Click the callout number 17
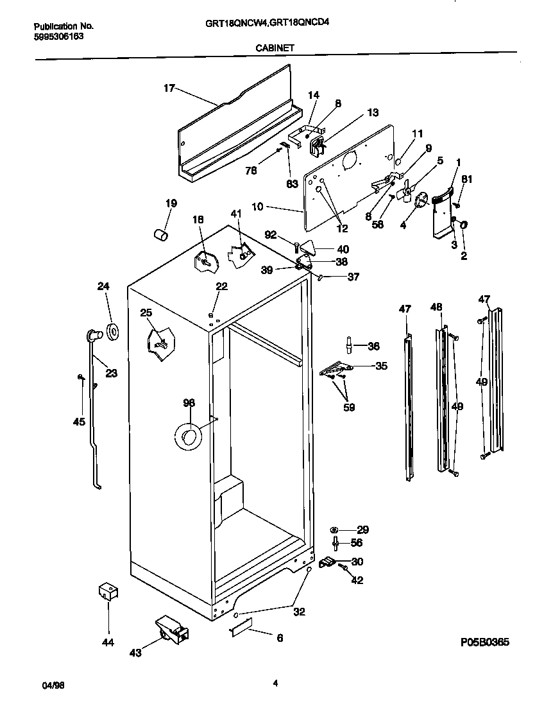tap(169, 89)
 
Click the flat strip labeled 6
tap(242, 630)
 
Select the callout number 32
tap(299, 612)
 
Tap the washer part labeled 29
tap(334, 529)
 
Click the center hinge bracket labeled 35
tap(338, 368)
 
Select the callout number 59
tap(350, 406)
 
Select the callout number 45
tap(78, 422)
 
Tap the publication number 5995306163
tap(58, 37)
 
